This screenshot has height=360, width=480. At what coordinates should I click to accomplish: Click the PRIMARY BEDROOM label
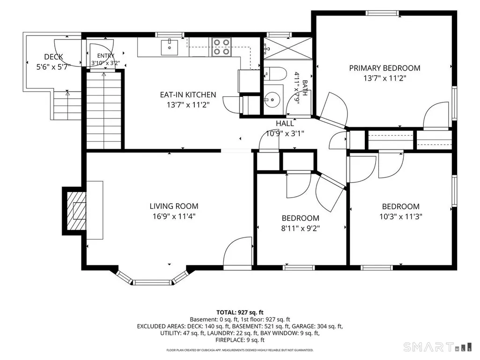tap(384, 68)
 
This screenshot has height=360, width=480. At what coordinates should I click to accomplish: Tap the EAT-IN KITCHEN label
tap(188, 95)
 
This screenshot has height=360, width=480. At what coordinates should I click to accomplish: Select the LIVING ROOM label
tap(174, 206)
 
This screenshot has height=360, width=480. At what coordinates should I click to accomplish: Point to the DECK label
tap(53, 57)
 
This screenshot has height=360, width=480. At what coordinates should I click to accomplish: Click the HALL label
tap(285, 124)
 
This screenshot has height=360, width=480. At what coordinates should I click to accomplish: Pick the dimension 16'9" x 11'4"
tap(174, 216)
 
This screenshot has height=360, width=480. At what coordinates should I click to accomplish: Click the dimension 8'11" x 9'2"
tap(300, 228)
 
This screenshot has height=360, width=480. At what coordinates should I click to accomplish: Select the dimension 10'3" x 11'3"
tap(401, 217)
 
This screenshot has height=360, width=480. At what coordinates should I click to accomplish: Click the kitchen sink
tap(169, 47)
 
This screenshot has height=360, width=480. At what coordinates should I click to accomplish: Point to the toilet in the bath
tap(275, 74)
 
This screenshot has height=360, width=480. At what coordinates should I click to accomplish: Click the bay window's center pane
tap(153, 282)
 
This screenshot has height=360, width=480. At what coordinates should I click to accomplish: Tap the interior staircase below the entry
tap(104, 110)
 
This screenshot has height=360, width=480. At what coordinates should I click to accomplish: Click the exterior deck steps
tap(67, 106)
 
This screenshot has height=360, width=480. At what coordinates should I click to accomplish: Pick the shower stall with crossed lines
tap(288, 48)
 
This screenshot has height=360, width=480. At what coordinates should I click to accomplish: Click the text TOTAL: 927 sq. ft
tap(240, 313)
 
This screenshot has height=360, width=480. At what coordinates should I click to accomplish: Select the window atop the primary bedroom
tap(383, 13)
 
